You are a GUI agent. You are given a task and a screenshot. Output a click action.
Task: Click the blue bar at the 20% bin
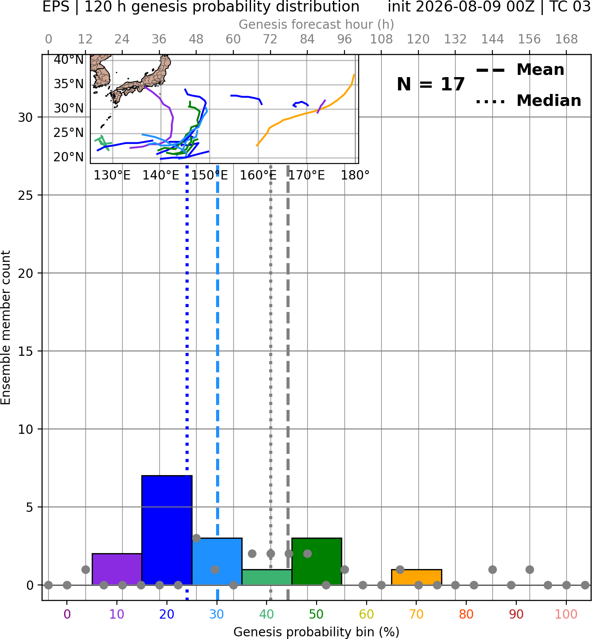167,530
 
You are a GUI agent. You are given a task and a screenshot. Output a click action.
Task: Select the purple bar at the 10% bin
117,569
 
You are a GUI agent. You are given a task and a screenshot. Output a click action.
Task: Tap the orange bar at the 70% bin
416,577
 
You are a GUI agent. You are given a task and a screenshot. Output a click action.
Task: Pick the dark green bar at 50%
317,561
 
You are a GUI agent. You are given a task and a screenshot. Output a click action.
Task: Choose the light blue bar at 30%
217,561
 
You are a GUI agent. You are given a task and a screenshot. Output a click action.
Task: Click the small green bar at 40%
267,577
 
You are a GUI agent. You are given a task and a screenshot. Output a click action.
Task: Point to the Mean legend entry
520,70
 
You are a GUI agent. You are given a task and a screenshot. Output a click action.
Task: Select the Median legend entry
528,101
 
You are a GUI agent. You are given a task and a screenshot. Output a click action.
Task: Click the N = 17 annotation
430,84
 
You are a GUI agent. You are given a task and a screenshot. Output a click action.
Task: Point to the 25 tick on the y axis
25,195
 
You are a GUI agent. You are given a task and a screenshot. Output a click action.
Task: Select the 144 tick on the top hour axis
492,39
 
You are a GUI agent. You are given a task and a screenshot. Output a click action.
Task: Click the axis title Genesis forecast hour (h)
317,24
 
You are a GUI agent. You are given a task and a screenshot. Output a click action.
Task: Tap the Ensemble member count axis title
5,327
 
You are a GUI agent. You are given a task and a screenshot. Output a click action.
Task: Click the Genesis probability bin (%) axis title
317,632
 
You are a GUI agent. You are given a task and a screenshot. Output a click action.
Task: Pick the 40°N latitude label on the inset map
69,59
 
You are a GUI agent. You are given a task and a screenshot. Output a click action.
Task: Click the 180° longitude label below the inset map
355,175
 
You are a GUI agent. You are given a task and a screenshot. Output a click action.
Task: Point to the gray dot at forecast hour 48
196,538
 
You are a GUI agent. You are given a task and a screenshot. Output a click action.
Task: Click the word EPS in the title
56,7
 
